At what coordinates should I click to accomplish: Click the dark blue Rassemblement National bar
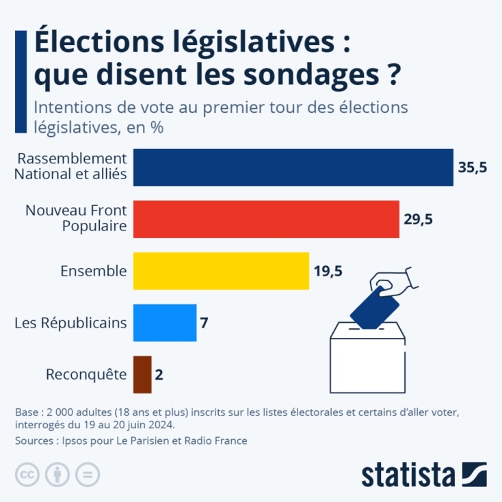pyautogui.click(x=293, y=167)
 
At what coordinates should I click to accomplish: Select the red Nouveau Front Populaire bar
pyautogui.click(x=266, y=219)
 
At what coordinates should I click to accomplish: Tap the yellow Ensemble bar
pyautogui.click(x=221, y=271)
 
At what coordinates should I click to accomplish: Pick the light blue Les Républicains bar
pyautogui.click(x=165, y=322)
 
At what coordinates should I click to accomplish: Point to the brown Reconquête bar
pyautogui.click(x=142, y=374)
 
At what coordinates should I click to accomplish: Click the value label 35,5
pyautogui.click(x=472, y=168)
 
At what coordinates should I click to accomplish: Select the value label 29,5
pyautogui.click(x=418, y=220)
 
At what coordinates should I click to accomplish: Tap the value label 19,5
pyautogui.click(x=328, y=272)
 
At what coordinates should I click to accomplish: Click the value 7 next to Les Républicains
pyautogui.click(x=204, y=323)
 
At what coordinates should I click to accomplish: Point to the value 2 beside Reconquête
pyautogui.click(x=159, y=375)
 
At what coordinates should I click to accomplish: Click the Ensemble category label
pyautogui.click(x=94, y=271)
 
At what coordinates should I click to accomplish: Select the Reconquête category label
pyautogui.click(x=86, y=375)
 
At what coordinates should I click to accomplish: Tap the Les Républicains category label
pyautogui.click(x=70, y=323)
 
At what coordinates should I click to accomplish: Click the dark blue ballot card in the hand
pyautogui.click(x=374, y=306)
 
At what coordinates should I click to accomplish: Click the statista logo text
pyautogui.click(x=408, y=474)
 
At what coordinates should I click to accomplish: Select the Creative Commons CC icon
pyautogui.click(x=27, y=474)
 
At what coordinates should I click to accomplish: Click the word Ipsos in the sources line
pyautogui.click(x=77, y=441)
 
